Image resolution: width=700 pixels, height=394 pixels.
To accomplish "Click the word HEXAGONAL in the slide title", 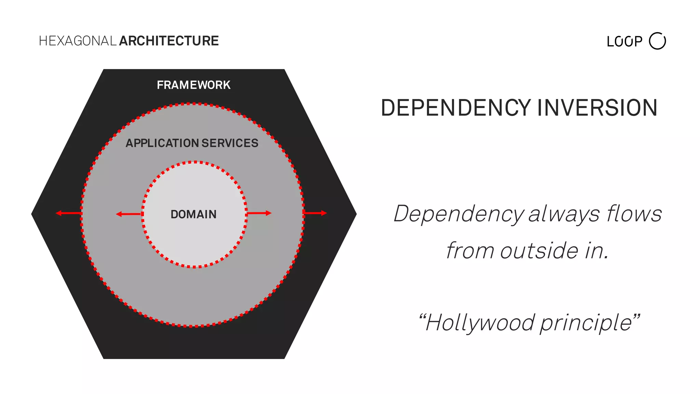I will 78,41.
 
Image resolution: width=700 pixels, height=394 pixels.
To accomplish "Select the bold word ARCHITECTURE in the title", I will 169,41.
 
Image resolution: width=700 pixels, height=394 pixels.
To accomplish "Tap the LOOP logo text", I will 624,42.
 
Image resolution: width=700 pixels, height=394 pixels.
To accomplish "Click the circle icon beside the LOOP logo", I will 657,41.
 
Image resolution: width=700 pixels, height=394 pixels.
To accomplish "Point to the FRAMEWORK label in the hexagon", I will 193,85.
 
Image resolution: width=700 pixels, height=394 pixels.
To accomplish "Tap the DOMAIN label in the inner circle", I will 193,214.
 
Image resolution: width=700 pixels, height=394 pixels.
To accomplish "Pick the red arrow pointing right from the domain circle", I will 259,213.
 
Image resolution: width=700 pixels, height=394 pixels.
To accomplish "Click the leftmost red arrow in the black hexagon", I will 69,213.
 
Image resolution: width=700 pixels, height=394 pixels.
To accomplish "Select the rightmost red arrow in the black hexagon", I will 315,213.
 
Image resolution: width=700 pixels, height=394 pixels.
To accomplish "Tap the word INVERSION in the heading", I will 597,108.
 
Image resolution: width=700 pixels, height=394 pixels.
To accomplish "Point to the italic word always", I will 564,214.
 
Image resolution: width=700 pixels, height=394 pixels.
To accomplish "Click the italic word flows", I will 634,214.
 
